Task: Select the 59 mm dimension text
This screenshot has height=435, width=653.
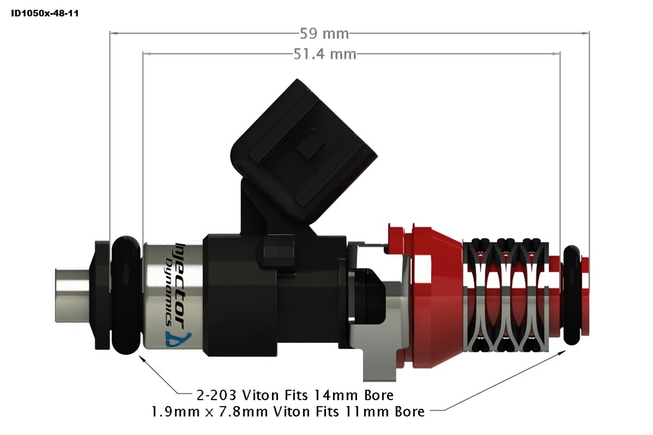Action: point(324,34)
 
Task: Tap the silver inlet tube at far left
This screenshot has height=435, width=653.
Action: point(71,294)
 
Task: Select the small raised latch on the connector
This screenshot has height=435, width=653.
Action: point(309,150)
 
